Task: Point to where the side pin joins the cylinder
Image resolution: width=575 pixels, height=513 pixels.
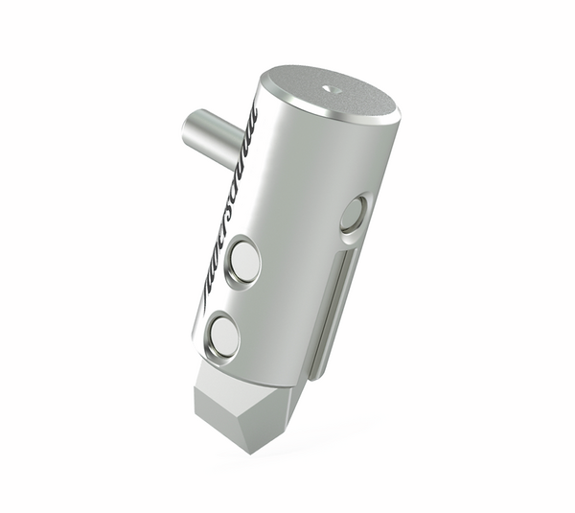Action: pos(240,144)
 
